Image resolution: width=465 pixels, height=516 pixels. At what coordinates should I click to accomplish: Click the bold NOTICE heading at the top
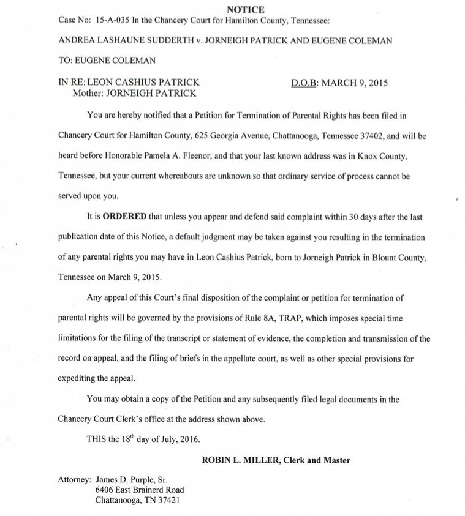click(x=245, y=10)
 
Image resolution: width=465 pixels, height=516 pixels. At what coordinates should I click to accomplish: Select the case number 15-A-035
click(x=116, y=20)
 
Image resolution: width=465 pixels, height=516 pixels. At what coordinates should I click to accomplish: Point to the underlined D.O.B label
click(x=304, y=83)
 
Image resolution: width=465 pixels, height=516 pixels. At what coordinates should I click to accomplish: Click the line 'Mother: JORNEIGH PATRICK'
click(x=134, y=94)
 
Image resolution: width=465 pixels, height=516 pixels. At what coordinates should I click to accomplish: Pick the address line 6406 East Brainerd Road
click(x=140, y=490)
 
